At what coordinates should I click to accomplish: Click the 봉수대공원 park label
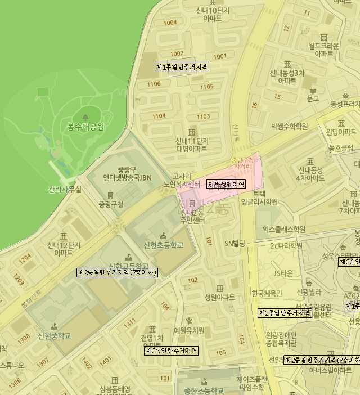click(x=86, y=127)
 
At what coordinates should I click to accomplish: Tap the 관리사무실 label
click(x=65, y=190)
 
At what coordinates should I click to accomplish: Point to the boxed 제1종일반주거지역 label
click(x=182, y=66)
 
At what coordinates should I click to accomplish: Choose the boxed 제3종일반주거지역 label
click(x=172, y=351)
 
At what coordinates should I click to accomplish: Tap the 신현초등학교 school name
click(x=163, y=245)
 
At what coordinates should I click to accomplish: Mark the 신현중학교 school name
click(x=55, y=336)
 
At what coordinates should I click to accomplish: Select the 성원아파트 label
click(x=220, y=297)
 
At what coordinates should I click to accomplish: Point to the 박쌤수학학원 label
click(x=290, y=126)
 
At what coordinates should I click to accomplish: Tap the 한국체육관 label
click(x=267, y=293)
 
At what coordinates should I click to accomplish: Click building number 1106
click(x=154, y=84)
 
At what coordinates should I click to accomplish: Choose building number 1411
click(x=130, y=321)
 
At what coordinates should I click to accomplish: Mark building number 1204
click(x=25, y=259)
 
